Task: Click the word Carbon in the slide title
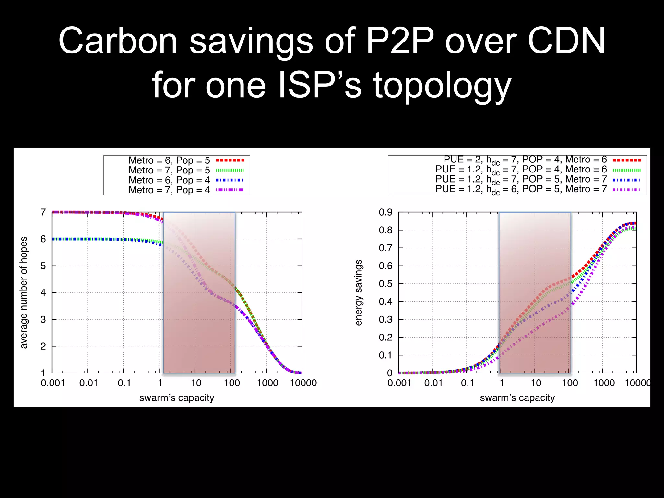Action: [x=118, y=41]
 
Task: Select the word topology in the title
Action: [x=442, y=85]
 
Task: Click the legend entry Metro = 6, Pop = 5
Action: [x=169, y=160]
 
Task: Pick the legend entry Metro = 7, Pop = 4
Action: [x=169, y=190]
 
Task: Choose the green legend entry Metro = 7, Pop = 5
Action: [x=169, y=170]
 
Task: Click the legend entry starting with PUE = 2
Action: [x=525, y=160]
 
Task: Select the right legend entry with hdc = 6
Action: [x=521, y=189]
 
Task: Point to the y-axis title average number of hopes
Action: [x=24, y=292]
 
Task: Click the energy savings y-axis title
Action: [x=358, y=292]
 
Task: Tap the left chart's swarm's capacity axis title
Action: [x=177, y=398]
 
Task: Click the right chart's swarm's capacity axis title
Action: [x=517, y=398]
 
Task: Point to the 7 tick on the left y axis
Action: [x=43, y=212]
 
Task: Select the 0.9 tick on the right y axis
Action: [x=385, y=212]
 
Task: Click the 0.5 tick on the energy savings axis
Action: [x=385, y=284]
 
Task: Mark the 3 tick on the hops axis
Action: [x=43, y=319]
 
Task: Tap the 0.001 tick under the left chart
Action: [x=53, y=383]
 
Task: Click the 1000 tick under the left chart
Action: [x=267, y=383]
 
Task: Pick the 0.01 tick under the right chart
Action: [x=433, y=383]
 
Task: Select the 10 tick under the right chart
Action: [x=536, y=383]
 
